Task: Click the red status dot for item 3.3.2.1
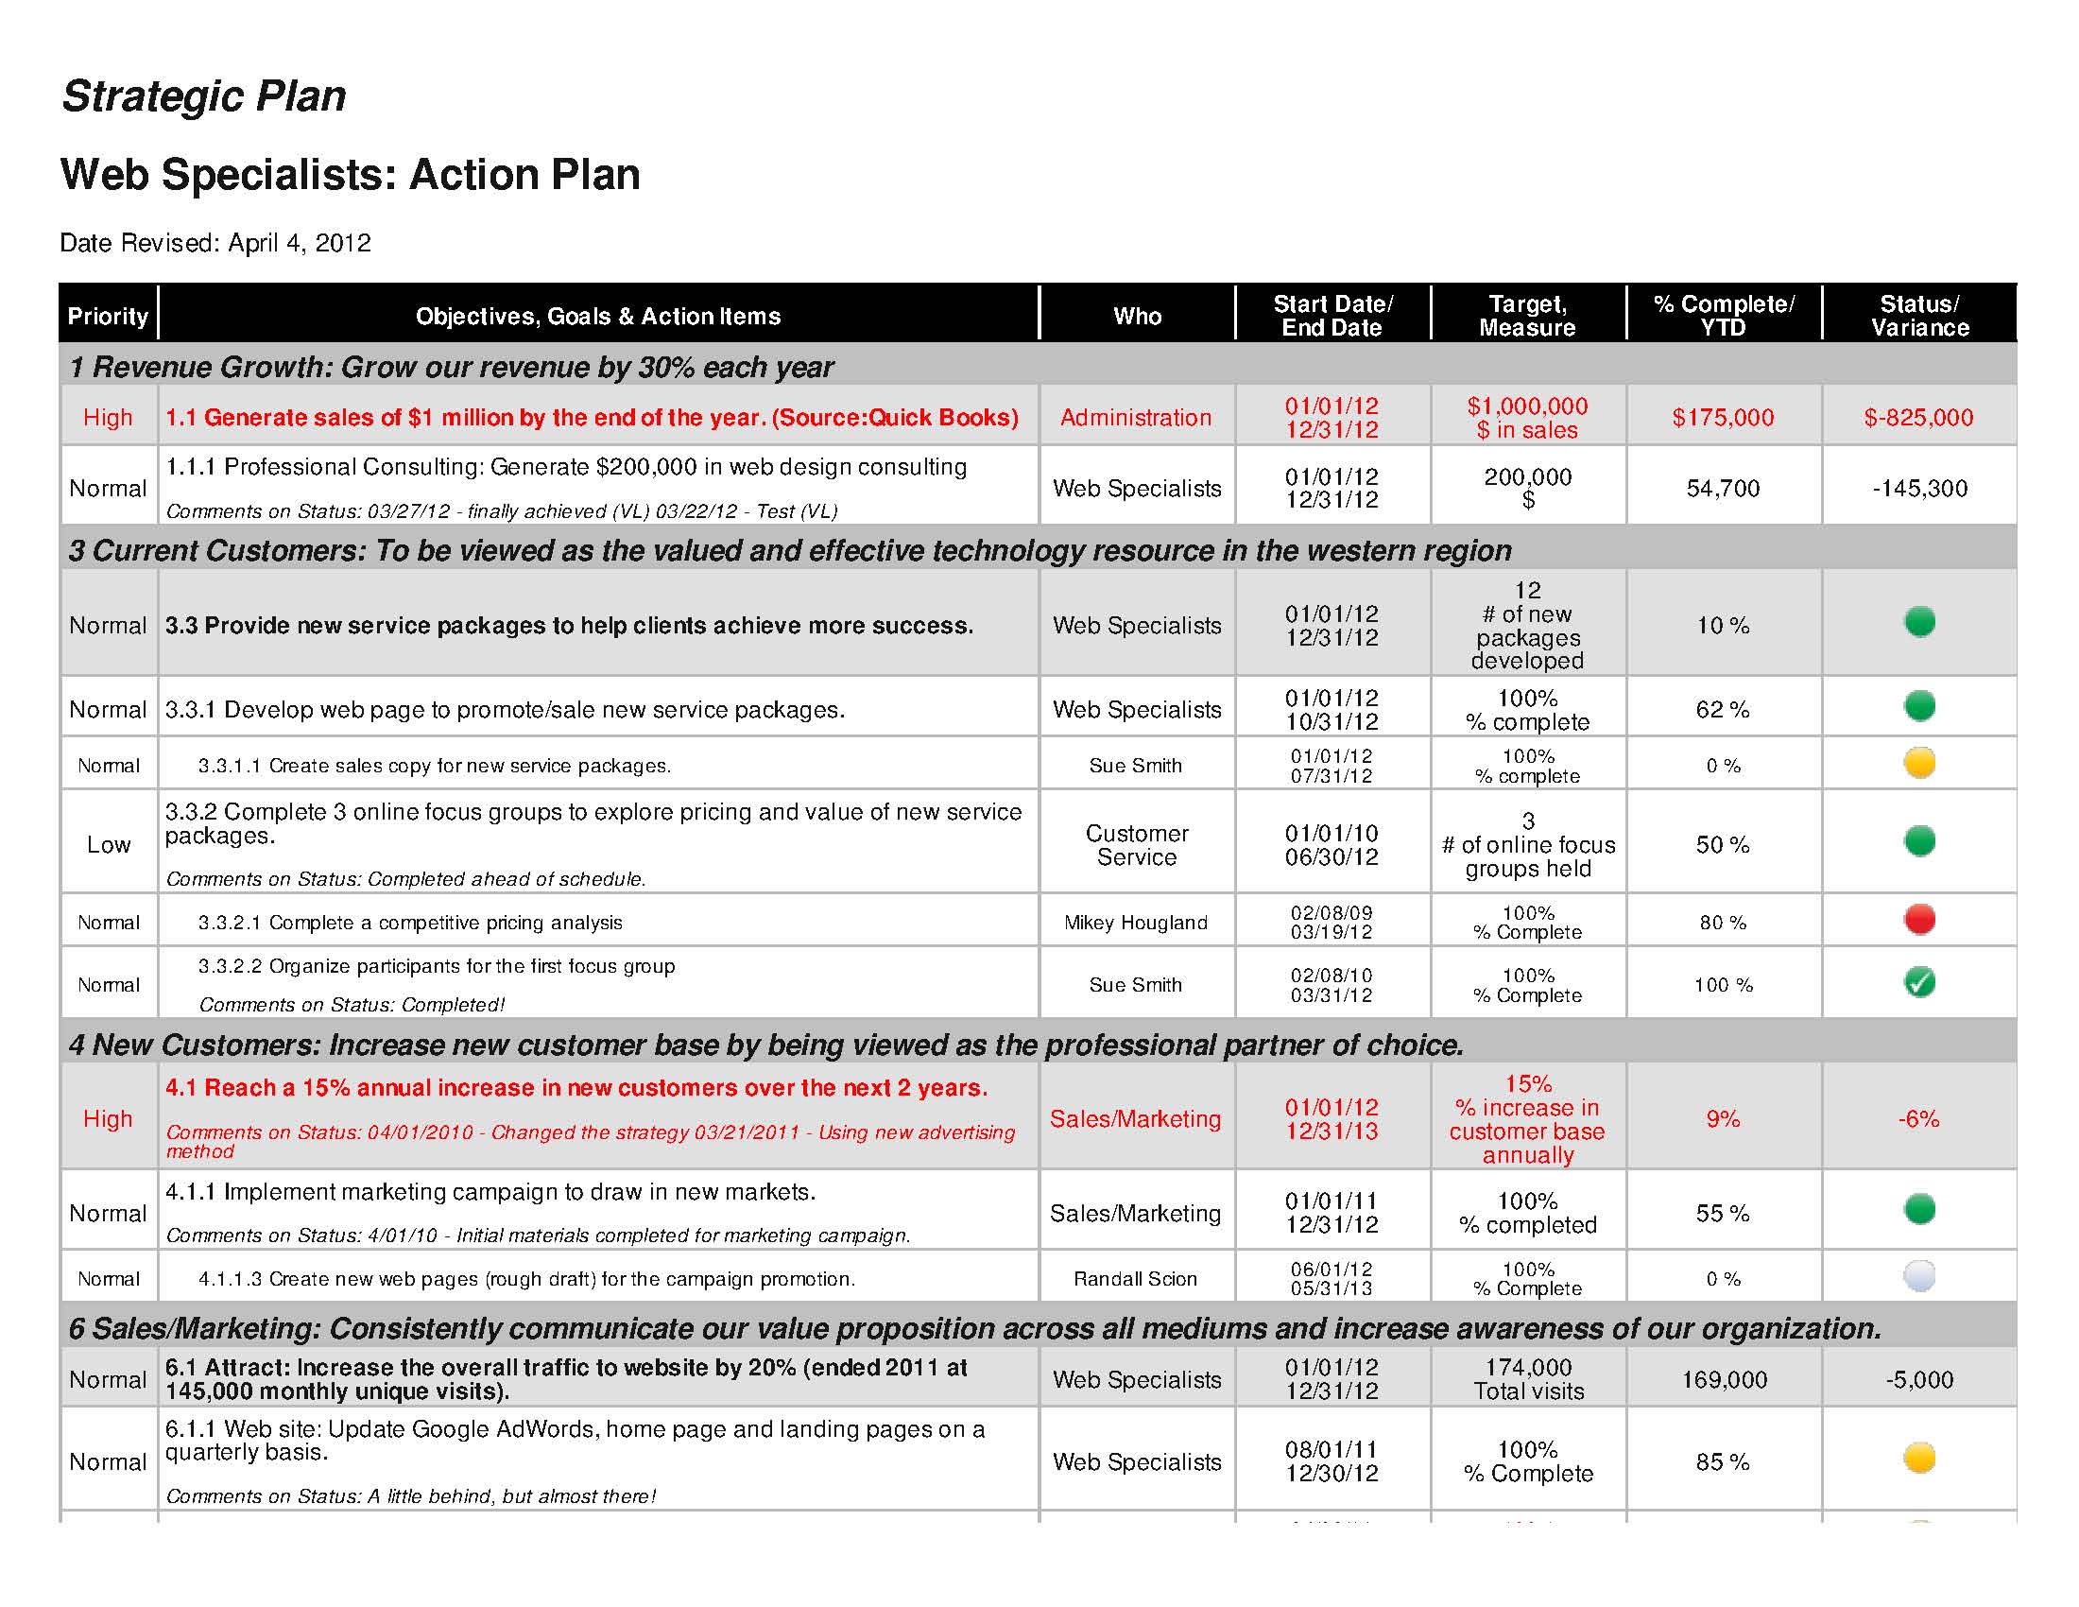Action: [x=1919, y=920]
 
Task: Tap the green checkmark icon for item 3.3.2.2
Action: [x=1919, y=982]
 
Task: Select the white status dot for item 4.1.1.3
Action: [x=1919, y=1276]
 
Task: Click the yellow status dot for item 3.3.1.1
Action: [x=1919, y=763]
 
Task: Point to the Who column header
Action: [x=1137, y=316]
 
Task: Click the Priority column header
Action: [x=108, y=316]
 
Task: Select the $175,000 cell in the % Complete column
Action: [x=1723, y=417]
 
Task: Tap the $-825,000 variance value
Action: [x=1918, y=417]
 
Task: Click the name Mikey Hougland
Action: [x=1136, y=923]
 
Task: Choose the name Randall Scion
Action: [x=1136, y=1279]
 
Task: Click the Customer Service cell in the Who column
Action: [x=1137, y=845]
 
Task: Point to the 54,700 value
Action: [x=1723, y=489]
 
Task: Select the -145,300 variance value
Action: [x=1919, y=489]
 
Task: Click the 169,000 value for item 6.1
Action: [x=1724, y=1379]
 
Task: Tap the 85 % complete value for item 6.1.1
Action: [x=1723, y=1461]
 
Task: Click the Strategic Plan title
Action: [x=204, y=96]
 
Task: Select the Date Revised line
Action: [x=215, y=243]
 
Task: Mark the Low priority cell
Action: [x=109, y=844]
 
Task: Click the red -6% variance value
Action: [x=1918, y=1118]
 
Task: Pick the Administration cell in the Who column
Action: [x=1136, y=417]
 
